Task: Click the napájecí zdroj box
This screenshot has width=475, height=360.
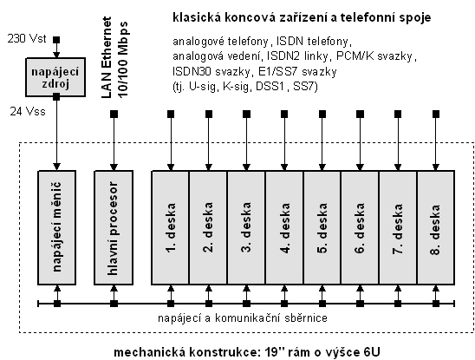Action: click(55, 77)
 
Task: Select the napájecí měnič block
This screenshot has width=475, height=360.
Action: click(56, 227)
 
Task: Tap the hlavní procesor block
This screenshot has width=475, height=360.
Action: click(114, 227)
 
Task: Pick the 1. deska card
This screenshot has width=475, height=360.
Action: click(171, 227)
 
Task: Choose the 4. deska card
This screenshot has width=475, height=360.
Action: click(284, 227)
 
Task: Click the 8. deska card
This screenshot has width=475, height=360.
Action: click(436, 227)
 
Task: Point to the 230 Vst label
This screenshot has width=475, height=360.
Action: click(27, 39)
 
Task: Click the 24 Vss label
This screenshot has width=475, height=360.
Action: click(28, 111)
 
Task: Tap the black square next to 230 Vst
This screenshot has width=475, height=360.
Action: click(56, 40)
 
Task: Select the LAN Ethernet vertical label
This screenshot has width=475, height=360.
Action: click(107, 57)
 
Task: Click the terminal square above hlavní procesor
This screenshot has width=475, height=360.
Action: click(114, 114)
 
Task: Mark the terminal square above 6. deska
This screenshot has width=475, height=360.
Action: click(361, 114)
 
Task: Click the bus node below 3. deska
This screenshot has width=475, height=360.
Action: click(246, 304)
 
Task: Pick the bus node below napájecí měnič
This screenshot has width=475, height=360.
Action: click(57, 304)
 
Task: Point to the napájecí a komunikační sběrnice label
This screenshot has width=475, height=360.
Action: click(243, 317)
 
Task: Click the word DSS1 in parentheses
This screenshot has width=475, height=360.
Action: click(270, 87)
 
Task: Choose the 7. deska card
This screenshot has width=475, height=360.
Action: click(398, 227)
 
